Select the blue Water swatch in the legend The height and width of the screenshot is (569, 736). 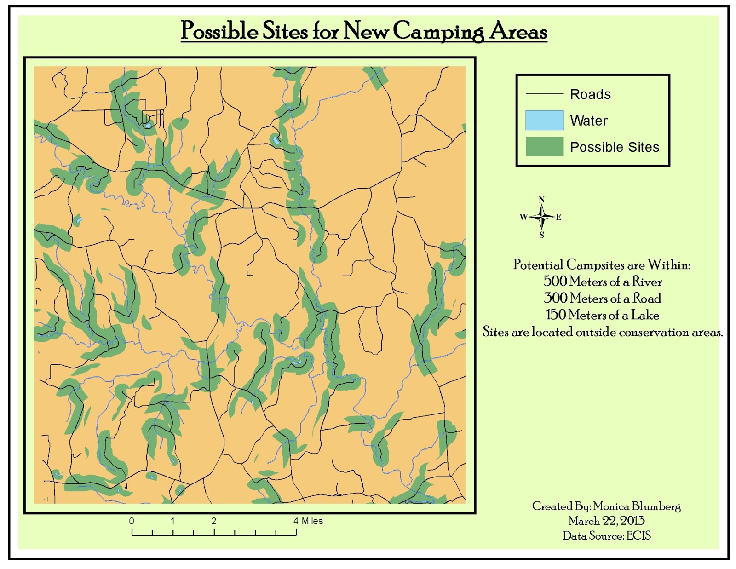coord(544,120)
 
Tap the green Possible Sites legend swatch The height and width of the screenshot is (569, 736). coord(544,147)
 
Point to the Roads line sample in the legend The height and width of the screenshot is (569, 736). coord(544,94)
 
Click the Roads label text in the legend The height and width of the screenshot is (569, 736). coord(590,94)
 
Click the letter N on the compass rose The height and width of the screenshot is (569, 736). coord(541,200)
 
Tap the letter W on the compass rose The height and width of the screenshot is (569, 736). coord(523,217)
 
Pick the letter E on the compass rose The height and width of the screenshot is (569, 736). coord(558,217)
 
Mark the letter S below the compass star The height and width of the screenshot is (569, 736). coord(541,235)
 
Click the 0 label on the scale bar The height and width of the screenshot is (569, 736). coord(132,521)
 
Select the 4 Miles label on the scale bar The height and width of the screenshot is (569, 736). coord(308,521)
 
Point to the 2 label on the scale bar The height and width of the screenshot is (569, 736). coord(213,521)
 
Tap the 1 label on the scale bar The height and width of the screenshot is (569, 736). coord(172,521)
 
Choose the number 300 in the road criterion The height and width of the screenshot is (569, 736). coord(555,298)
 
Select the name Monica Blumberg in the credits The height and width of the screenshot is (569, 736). coord(637,506)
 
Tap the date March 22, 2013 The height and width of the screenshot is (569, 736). coord(606,521)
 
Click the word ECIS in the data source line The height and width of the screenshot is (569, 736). coord(638,535)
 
